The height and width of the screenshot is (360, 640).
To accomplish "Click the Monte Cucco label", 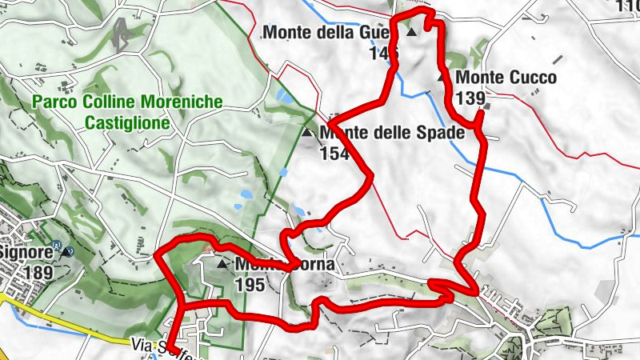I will coord(506,78).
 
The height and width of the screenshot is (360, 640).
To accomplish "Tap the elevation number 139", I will coord(470,98).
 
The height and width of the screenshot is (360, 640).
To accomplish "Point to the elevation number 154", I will coord(334,153).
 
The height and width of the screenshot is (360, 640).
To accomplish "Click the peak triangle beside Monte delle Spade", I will coord(308,132).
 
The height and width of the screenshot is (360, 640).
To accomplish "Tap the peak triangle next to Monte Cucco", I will coord(442,78).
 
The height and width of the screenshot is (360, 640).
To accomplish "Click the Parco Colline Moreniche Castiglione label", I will coord(127,113).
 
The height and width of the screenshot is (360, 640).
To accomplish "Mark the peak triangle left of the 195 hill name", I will coord(222,263).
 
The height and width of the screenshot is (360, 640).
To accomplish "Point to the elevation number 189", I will coord(38,273).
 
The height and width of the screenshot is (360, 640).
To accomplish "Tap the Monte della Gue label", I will coord(326,33).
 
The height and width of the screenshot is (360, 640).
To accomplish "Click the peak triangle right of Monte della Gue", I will coord(411,33).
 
